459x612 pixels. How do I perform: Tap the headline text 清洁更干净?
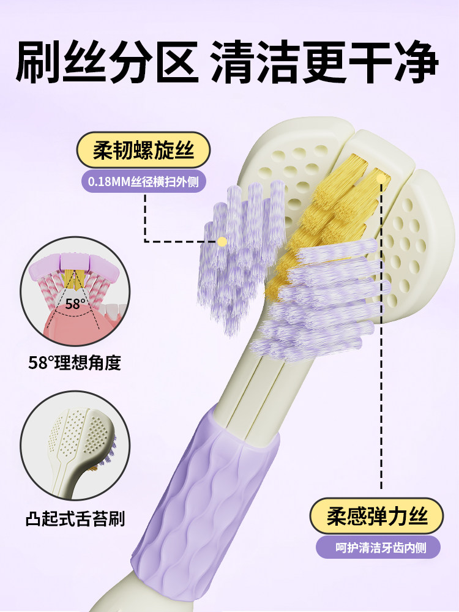coord(324,62)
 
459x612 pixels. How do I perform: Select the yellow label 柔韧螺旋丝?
coord(144,151)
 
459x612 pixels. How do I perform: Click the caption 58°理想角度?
coord(75,362)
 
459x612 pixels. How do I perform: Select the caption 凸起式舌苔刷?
coord(75,520)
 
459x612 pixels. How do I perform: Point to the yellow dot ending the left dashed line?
coord(222,241)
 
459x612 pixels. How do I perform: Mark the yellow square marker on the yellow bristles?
coord(382,177)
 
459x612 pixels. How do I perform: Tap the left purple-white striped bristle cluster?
coord(239,257)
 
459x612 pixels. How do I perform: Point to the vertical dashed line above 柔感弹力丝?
coord(382,367)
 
